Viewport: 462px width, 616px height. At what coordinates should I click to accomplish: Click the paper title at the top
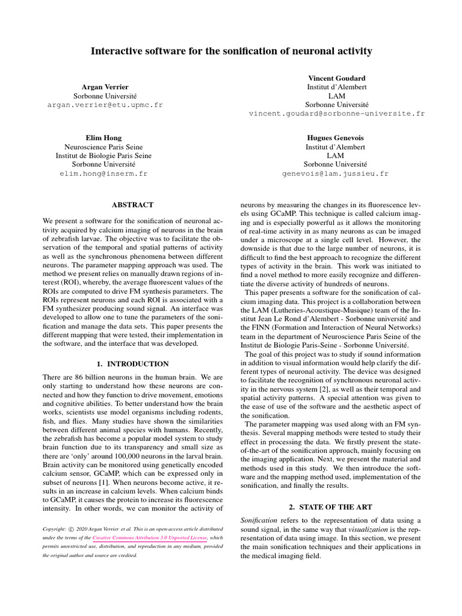click(x=231, y=52)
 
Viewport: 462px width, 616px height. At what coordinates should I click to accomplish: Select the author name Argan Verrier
click(x=105, y=87)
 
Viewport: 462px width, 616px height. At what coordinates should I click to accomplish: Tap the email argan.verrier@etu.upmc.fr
click(x=105, y=105)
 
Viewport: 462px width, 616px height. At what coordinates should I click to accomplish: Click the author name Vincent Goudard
click(x=336, y=78)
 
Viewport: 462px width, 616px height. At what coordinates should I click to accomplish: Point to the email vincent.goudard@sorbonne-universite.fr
click(x=336, y=113)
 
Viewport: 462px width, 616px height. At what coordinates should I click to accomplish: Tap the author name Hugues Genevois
click(x=336, y=137)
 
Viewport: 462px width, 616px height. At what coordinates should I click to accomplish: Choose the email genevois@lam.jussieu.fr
click(x=336, y=173)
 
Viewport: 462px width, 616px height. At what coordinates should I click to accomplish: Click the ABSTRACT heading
click(x=133, y=205)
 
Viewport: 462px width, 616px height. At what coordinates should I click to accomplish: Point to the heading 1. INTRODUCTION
click(x=133, y=364)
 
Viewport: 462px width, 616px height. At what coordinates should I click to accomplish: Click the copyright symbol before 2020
click(x=72, y=529)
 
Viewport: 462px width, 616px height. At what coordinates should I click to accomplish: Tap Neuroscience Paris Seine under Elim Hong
click(x=103, y=146)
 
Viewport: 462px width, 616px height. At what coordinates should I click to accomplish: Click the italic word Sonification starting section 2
click(x=258, y=520)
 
